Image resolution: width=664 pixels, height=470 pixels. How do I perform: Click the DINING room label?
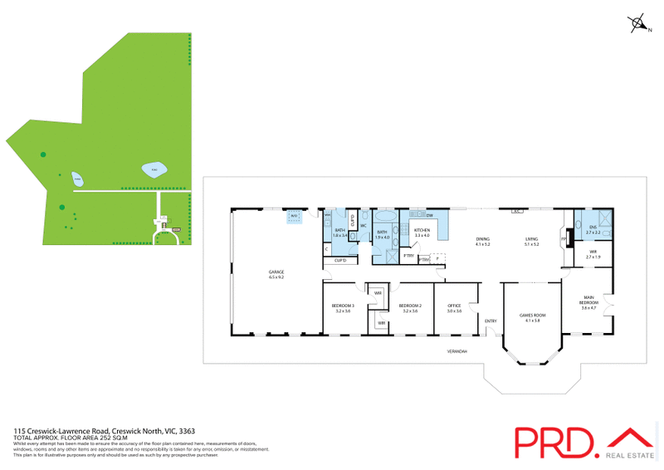[482, 240]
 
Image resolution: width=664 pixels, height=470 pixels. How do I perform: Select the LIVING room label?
[531, 240]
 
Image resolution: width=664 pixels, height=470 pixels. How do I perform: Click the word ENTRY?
[491, 321]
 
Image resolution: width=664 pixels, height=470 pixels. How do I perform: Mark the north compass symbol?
[640, 24]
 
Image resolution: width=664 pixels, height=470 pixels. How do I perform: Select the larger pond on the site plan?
[153, 169]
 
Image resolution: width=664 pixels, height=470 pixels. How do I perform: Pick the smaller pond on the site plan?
[77, 179]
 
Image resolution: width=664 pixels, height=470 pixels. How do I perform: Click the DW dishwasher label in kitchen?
[430, 216]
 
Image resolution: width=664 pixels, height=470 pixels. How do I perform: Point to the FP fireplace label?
[564, 239]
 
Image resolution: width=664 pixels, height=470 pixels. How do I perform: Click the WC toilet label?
[364, 226]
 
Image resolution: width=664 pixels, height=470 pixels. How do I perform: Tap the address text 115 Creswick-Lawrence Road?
[63, 432]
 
